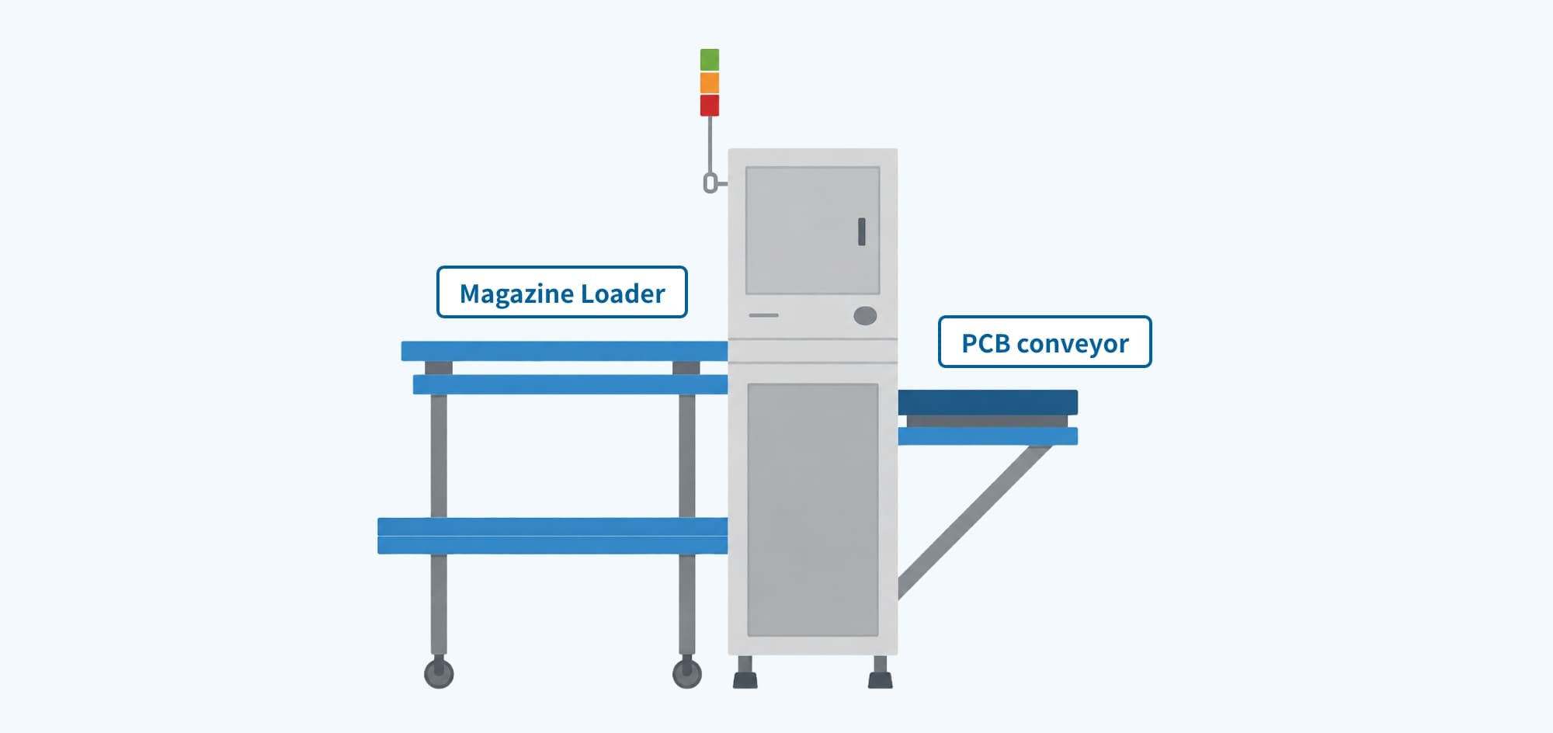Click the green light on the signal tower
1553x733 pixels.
click(709, 60)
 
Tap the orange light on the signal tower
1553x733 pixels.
click(709, 82)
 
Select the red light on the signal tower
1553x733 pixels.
click(709, 105)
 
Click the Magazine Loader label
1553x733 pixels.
click(562, 292)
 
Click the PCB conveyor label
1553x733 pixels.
click(1044, 342)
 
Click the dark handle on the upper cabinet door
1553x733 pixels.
click(861, 231)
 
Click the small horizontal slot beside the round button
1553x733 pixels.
click(763, 315)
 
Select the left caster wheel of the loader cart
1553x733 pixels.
click(439, 673)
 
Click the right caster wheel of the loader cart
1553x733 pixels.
click(686, 673)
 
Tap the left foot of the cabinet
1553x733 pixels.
click(745, 672)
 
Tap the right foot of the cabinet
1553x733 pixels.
click(880, 672)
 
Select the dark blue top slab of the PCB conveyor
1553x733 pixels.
click(988, 402)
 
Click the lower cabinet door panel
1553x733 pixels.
click(812, 510)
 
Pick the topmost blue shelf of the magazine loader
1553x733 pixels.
click(564, 351)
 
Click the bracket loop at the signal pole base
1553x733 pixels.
click(710, 183)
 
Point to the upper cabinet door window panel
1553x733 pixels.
click(812, 231)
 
